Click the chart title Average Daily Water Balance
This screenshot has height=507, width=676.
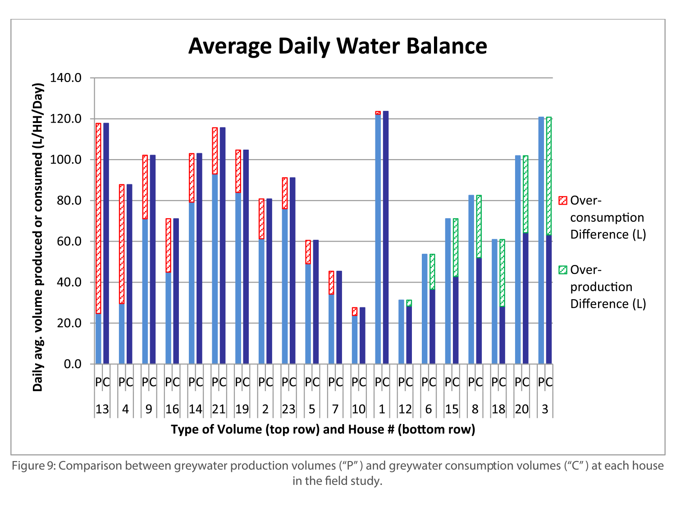338,46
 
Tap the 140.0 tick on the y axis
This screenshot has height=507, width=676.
72,78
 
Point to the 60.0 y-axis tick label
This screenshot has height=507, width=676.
72,242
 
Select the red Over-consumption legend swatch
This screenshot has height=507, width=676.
562,201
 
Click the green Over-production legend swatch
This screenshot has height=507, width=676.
562,270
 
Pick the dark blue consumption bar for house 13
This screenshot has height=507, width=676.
106,243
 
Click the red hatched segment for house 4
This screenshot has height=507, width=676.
122,244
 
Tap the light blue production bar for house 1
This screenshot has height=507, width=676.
378,239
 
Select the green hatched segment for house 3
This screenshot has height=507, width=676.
549,176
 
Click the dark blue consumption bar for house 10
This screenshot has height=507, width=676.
362,336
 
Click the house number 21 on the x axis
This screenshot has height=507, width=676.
219,409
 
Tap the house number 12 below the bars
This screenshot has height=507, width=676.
405,409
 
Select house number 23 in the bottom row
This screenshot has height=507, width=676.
288,409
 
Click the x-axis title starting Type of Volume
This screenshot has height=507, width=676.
323,429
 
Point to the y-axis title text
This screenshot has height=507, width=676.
38,237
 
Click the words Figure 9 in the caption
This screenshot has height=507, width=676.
33,466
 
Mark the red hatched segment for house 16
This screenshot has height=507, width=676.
168,245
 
